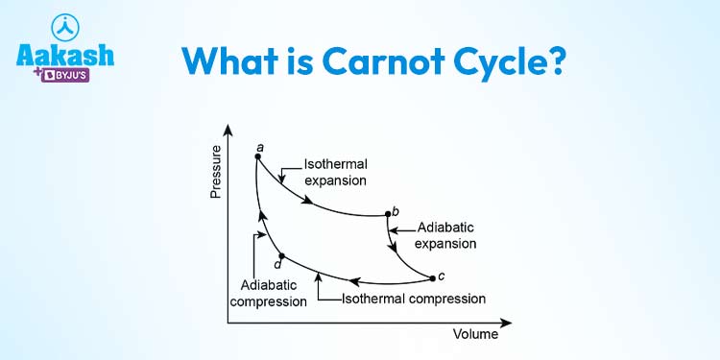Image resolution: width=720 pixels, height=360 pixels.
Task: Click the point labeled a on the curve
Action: click(257, 156)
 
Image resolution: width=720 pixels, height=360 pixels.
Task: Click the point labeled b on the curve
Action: click(387, 214)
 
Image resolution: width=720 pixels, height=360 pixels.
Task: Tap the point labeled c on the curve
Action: click(433, 277)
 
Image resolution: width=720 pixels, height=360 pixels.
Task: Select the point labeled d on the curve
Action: click(280, 255)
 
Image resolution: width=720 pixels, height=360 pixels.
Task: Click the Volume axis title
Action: click(475, 335)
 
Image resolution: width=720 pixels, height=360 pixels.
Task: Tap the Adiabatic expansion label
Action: click(445, 235)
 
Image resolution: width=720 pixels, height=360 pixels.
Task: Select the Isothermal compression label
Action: click(414, 299)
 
